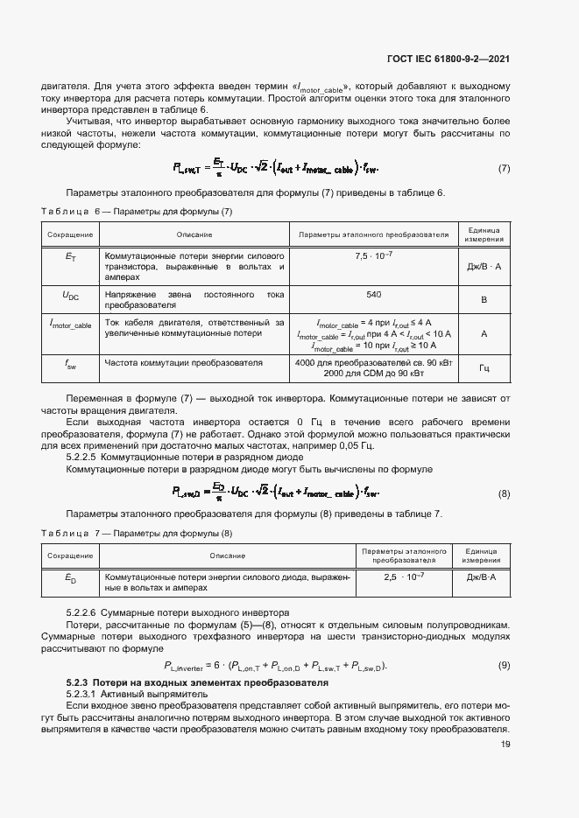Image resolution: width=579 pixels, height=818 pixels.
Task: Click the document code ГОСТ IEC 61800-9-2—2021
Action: [448, 59]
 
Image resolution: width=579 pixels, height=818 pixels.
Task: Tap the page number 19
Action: [505, 745]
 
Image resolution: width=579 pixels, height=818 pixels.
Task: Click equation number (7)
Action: [504, 168]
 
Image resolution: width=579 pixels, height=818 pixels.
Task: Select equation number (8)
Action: [504, 494]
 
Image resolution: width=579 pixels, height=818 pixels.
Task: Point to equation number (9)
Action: [504, 666]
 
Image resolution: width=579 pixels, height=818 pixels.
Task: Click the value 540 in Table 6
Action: [373, 295]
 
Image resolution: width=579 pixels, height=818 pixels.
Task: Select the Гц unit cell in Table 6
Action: [484, 368]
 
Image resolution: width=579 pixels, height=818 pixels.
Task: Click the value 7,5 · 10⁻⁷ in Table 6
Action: [373, 255]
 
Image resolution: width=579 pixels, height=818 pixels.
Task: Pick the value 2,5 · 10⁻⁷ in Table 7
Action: [404, 577]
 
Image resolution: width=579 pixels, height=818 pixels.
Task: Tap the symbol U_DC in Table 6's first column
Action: [71, 297]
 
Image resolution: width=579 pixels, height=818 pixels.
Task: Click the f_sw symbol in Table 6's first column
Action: [71, 366]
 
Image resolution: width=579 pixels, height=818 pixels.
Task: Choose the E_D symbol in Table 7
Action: [71, 578]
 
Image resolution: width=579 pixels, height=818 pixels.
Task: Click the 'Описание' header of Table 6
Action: [194, 234]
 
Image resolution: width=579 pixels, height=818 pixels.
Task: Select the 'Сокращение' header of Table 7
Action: [71, 556]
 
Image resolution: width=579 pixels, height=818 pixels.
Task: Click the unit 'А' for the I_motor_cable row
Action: [484, 334]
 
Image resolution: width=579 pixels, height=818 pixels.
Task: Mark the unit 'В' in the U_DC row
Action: [484, 300]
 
